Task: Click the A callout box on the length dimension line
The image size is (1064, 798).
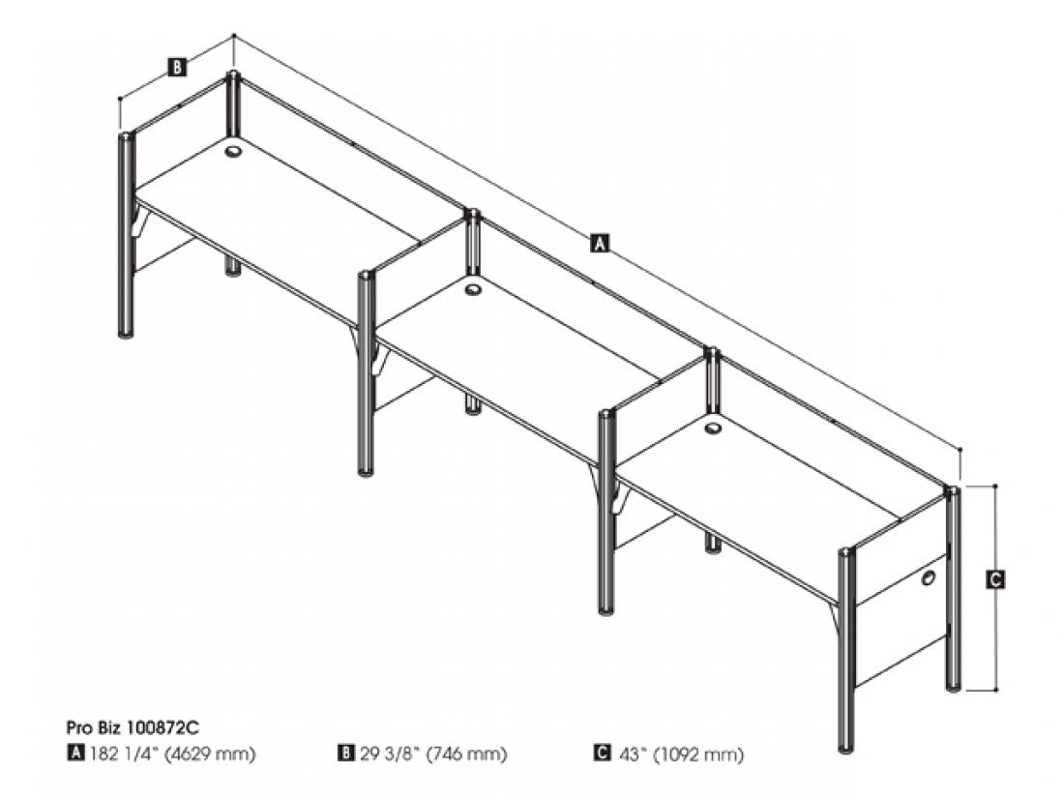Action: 599,243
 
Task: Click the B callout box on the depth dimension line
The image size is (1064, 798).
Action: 176,67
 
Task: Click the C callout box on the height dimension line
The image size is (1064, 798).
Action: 994,579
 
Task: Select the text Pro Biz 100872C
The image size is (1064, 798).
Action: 133,727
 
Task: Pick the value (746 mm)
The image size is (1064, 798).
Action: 466,754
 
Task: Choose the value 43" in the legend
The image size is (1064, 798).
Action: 630,754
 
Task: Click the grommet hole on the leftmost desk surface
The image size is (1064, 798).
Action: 233,151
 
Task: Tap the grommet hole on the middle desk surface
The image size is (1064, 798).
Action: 472,290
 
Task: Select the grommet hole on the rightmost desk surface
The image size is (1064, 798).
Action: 713,429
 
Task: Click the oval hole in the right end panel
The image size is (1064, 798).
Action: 928,578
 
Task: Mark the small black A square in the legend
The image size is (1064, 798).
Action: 74,753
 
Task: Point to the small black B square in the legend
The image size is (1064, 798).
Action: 345,753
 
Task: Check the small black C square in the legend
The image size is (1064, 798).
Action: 602,753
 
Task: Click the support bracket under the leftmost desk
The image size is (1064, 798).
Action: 141,223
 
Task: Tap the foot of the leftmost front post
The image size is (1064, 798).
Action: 126,333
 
